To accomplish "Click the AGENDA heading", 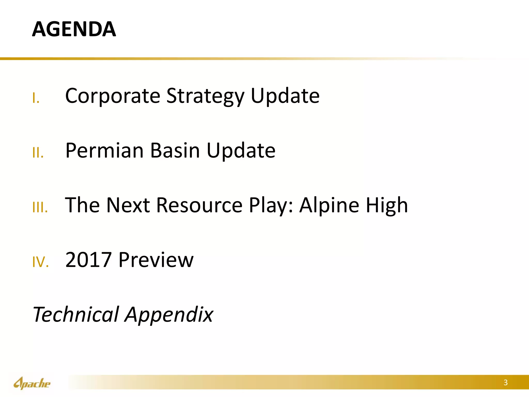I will click(x=74, y=29).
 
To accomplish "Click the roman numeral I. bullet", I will click(x=36, y=98).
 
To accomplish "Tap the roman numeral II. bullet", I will click(x=38, y=153).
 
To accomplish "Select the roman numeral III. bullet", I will click(x=40, y=208).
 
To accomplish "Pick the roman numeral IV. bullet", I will click(x=41, y=262).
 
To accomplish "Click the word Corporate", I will click(x=113, y=96).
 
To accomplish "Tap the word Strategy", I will click(x=205, y=96).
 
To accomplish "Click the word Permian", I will click(x=104, y=151).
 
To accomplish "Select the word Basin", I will click(x=175, y=151).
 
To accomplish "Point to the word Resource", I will click(x=199, y=205).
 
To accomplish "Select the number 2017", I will click(x=88, y=260).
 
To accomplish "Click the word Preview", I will click(x=156, y=260).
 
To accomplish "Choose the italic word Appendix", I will click(x=169, y=315).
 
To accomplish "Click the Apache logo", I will click(x=32, y=383).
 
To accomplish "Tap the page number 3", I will click(x=505, y=383).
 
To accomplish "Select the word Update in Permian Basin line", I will click(x=241, y=151).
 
